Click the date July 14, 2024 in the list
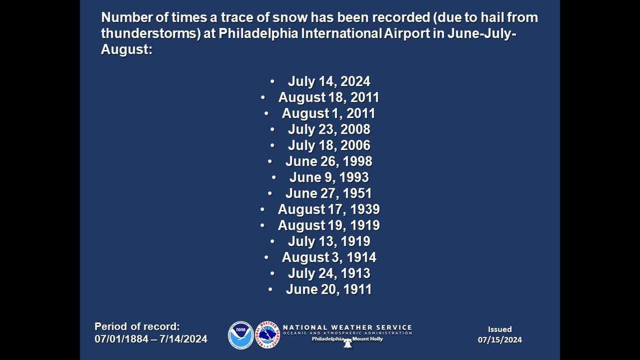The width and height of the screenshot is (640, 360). (x=329, y=81)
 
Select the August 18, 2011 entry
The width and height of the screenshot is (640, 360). (x=329, y=97)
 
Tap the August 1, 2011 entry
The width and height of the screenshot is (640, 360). (x=328, y=113)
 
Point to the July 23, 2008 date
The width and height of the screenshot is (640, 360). (x=329, y=129)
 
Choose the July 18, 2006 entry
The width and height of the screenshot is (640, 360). (x=329, y=145)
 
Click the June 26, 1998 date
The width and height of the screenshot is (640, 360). (x=328, y=162)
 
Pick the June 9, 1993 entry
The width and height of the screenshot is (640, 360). (x=329, y=177)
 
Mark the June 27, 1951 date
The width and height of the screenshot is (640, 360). (x=328, y=194)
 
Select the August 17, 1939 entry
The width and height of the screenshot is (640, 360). (x=328, y=209)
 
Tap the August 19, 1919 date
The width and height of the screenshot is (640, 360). (x=328, y=226)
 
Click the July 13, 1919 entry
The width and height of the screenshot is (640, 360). (x=329, y=241)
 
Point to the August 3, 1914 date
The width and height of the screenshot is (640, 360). (x=329, y=258)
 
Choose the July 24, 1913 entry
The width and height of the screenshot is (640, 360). (x=329, y=274)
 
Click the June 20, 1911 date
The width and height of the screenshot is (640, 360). (x=328, y=290)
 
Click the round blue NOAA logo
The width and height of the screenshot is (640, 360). (x=241, y=335)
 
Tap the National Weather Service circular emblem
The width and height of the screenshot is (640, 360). (x=267, y=335)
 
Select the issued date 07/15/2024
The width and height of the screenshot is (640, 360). (x=500, y=340)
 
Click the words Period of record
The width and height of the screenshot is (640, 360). (x=136, y=326)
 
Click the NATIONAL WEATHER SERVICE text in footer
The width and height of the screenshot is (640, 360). (x=347, y=327)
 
